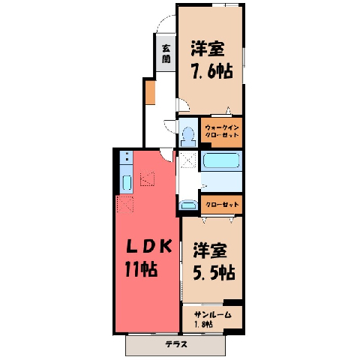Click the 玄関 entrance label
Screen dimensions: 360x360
click(x=166, y=54)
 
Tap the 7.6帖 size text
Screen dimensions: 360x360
click(x=212, y=71)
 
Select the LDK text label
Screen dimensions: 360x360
click(x=149, y=246)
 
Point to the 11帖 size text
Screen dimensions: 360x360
click(x=141, y=269)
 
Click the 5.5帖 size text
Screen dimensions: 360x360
click(x=214, y=272)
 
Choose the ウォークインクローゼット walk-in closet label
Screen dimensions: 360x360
click(x=222, y=131)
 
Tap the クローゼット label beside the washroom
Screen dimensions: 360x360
click(x=222, y=205)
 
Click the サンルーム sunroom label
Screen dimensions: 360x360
click(x=213, y=315)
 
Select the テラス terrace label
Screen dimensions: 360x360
click(x=176, y=344)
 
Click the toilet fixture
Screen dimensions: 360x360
click(x=188, y=136)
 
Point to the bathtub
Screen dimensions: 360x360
click(x=221, y=160)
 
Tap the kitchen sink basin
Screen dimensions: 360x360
click(x=127, y=183)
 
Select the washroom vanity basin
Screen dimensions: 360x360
click(x=188, y=205)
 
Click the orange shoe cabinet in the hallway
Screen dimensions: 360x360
click(x=151, y=93)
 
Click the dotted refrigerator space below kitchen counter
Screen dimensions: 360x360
click(x=125, y=204)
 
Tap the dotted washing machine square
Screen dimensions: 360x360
click(x=189, y=158)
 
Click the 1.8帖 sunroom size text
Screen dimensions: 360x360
click(x=203, y=325)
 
